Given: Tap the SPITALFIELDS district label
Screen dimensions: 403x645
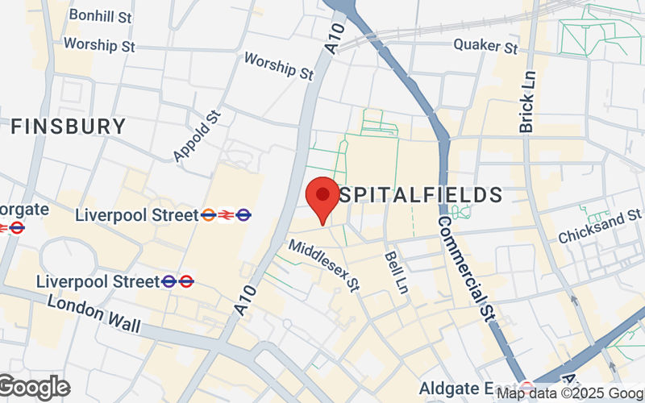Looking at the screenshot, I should (420, 194).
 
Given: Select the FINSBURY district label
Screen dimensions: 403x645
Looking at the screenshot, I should (69, 127).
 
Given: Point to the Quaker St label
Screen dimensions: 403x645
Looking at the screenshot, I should (485, 47).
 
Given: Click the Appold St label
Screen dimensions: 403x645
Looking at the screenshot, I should (196, 136).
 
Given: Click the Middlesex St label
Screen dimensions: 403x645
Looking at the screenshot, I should (324, 267).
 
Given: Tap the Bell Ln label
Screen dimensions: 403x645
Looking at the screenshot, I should (395, 271).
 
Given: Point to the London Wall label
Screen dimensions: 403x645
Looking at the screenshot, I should (94, 314).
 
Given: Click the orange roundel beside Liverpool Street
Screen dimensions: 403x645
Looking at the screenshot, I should (208, 215).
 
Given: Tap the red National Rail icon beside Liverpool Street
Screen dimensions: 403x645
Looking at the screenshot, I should (226, 215).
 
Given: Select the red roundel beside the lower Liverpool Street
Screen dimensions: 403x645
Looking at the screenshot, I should (186, 281).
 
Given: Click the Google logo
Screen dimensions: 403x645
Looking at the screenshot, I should (34, 388).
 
